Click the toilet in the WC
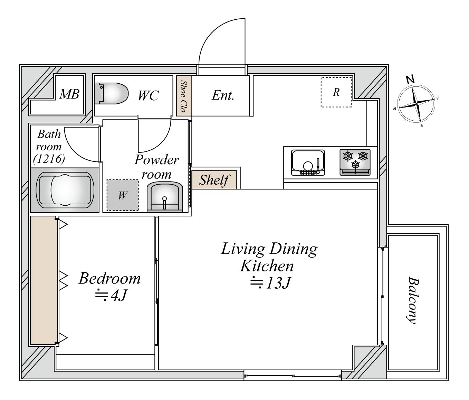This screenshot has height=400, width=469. point(112,94)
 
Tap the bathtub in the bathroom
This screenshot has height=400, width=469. point(65,190)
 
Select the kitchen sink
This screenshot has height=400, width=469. point(308,162)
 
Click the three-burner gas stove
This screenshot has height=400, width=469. point(355,162)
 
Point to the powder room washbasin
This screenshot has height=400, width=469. point(165,197)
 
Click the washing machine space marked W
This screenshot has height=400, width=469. point(123,195)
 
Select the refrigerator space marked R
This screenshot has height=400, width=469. point(336,92)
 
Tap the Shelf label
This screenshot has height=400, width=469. point(214,180)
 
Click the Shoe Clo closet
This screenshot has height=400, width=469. point(184,96)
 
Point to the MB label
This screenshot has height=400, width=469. point(69,94)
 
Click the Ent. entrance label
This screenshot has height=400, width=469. point(223,95)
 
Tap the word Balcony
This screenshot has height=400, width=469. point(412,300)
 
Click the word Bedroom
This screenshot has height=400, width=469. point(109,278)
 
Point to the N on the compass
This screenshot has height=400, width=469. point(410,80)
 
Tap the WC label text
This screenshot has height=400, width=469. point(148,96)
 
